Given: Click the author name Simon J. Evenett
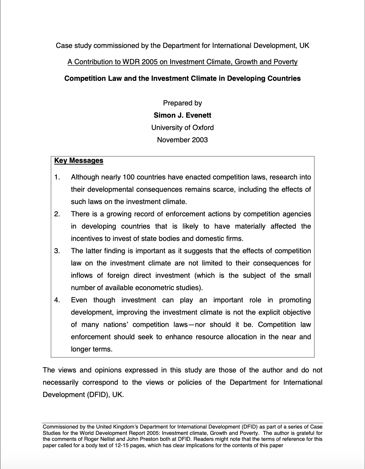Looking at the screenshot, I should [182, 115].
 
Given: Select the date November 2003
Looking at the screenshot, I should [182, 140].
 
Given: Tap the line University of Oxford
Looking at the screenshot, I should [182, 128].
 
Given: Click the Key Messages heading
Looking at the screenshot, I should [79, 160].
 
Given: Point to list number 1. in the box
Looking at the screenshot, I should [57, 177].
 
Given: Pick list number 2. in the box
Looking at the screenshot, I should [57, 214].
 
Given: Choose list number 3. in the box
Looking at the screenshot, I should [57, 251].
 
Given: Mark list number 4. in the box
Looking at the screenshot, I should [57, 300].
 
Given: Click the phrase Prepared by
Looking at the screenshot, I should [182, 103].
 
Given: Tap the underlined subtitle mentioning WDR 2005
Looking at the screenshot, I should [182, 62].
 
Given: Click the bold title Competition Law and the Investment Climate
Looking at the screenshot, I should [182, 78].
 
